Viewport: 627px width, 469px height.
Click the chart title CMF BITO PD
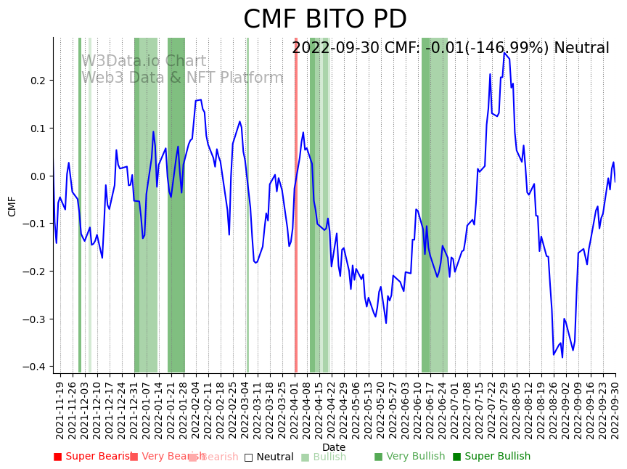click(324, 20)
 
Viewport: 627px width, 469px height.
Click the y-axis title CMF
click(12, 205)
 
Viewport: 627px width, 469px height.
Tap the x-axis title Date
click(334, 447)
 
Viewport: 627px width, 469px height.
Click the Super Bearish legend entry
click(91, 457)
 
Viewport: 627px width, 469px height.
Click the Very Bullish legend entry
click(409, 457)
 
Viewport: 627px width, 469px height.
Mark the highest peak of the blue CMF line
click(504, 52)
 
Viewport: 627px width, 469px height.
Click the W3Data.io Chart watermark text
click(144, 61)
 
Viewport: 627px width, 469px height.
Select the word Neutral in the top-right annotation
click(581, 49)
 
